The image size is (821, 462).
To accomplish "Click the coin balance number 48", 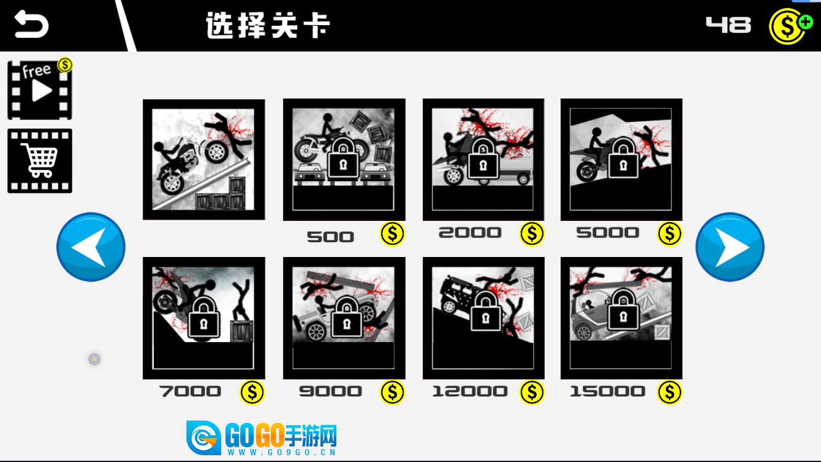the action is pyautogui.click(x=728, y=25).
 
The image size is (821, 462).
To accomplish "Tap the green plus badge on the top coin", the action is pyautogui.click(x=806, y=22).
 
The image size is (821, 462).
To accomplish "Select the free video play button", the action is pyautogui.click(x=40, y=90).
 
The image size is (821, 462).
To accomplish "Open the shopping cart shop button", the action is pyautogui.click(x=40, y=161).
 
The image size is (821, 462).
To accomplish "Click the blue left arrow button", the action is pyautogui.click(x=91, y=247).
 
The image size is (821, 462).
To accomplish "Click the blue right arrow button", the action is pyautogui.click(x=730, y=247).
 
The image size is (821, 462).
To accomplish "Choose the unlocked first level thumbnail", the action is pyautogui.click(x=204, y=160).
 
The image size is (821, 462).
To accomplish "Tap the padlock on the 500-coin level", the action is pyautogui.click(x=343, y=159).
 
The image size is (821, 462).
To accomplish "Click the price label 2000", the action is pyautogui.click(x=470, y=233).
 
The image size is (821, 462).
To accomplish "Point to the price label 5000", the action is pyautogui.click(x=607, y=233).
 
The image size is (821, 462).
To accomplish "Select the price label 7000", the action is pyautogui.click(x=190, y=392).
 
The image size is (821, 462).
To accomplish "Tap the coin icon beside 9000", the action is pyautogui.click(x=392, y=392).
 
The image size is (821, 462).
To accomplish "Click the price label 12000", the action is pyautogui.click(x=470, y=392).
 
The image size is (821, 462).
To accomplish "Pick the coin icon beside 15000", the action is pyautogui.click(x=669, y=392).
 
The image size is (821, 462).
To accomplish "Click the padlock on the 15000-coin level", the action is pyautogui.click(x=623, y=310).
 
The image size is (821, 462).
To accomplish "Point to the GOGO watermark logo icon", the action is pyautogui.click(x=203, y=438).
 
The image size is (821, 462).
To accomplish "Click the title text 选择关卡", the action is pyautogui.click(x=268, y=25).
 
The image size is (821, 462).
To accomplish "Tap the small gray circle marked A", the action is pyautogui.click(x=94, y=359).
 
